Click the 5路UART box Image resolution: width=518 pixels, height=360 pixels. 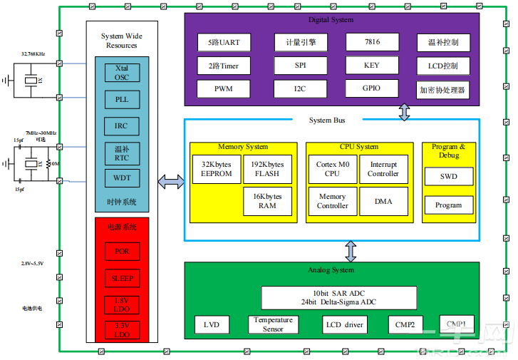click(x=224, y=42)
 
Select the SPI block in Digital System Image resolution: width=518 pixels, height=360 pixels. click(x=300, y=66)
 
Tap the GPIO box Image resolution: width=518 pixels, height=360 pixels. click(x=371, y=88)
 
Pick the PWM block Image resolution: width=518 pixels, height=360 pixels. click(x=224, y=89)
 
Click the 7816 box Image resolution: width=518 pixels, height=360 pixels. click(x=371, y=42)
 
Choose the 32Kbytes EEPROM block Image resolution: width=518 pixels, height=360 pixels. click(x=217, y=170)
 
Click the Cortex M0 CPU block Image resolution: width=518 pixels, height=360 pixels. click(x=332, y=170)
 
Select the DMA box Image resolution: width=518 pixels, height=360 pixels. click(x=383, y=202)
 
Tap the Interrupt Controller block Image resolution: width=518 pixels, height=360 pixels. click(x=383, y=170)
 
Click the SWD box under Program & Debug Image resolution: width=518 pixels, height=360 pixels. click(x=448, y=177)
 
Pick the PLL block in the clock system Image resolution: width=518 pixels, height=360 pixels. click(x=122, y=100)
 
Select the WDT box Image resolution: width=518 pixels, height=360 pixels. click(x=122, y=178)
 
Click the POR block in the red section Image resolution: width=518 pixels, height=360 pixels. click(x=122, y=252)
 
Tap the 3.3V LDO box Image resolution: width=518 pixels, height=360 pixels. click(x=122, y=330)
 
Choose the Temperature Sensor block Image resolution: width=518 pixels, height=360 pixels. click(x=273, y=325)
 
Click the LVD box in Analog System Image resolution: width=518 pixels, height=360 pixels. click(x=212, y=326)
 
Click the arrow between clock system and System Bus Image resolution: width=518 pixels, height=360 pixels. click(x=170, y=182)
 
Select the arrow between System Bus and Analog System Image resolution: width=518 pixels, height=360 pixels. click(x=351, y=251)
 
